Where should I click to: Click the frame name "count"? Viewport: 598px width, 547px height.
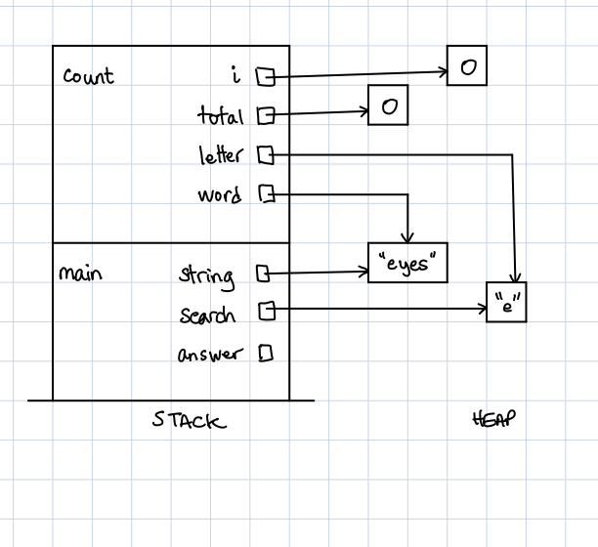click(88, 76)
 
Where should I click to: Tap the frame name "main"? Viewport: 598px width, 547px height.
click(80, 273)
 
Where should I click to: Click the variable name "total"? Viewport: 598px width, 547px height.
click(220, 116)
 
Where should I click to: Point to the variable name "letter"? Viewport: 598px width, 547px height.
click(220, 155)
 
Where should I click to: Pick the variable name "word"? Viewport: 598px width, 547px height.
click(219, 195)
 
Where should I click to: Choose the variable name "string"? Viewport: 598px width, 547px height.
click(206, 276)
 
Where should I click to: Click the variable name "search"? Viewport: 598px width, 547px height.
click(207, 316)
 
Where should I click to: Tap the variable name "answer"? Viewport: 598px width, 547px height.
click(208, 355)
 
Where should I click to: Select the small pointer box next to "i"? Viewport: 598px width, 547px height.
click(264, 75)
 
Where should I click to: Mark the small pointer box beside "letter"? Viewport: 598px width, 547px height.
click(264, 154)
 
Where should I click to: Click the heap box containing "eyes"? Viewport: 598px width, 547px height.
click(407, 263)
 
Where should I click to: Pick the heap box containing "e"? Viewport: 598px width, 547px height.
click(506, 303)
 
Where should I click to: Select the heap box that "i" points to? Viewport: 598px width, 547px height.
click(467, 66)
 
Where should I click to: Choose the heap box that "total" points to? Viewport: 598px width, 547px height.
click(388, 105)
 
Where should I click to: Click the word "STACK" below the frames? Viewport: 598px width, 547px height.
click(189, 421)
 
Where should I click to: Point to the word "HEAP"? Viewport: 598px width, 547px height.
click(493, 419)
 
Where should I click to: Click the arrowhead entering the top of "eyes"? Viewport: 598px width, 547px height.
click(408, 237)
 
